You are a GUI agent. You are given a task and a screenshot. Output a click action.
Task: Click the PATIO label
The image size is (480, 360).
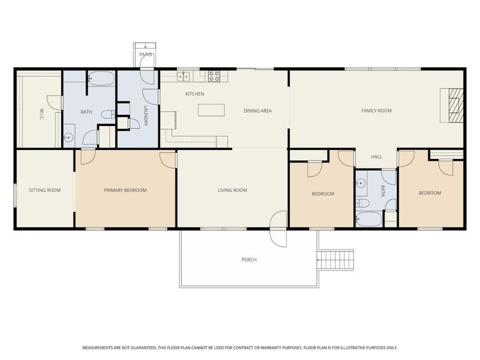[145, 55]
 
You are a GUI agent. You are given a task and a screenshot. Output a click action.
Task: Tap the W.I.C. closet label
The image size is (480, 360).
[41, 114]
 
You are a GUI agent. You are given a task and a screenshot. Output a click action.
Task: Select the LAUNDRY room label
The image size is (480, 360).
[146, 116]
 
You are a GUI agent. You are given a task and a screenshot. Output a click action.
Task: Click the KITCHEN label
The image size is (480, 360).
[194, 94]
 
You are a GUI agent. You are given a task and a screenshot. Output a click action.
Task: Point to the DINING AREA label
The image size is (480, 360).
[258, 111]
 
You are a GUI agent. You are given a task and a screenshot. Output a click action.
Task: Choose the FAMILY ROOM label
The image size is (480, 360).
[377, 110]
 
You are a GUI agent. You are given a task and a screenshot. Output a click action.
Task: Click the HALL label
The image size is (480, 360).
[377, 157]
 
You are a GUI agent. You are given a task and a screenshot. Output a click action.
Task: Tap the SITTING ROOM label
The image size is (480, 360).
[45, 190]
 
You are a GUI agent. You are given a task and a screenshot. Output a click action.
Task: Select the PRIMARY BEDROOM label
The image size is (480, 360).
[125, 190]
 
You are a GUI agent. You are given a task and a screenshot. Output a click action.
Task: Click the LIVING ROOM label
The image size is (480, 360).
[232, 190]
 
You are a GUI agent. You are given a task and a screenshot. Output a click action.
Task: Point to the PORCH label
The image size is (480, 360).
[249, 260]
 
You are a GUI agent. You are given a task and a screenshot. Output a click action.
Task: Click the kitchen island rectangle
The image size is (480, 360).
[211, 110]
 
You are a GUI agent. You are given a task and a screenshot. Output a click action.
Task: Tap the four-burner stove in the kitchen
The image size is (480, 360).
[214, 76]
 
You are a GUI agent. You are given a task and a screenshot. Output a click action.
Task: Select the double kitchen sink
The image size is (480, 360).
[184, 76]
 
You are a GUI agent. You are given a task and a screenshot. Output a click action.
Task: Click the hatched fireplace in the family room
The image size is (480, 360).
[456, 106]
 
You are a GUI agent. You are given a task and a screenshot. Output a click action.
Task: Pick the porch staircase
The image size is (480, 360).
[336, 260]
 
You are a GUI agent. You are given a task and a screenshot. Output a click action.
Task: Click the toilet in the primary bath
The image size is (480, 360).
[108, 115]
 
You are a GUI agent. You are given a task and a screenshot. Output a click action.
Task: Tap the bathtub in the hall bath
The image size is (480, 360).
[369, 219]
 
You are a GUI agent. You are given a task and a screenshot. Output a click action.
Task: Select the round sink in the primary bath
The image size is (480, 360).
[69, 138]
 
